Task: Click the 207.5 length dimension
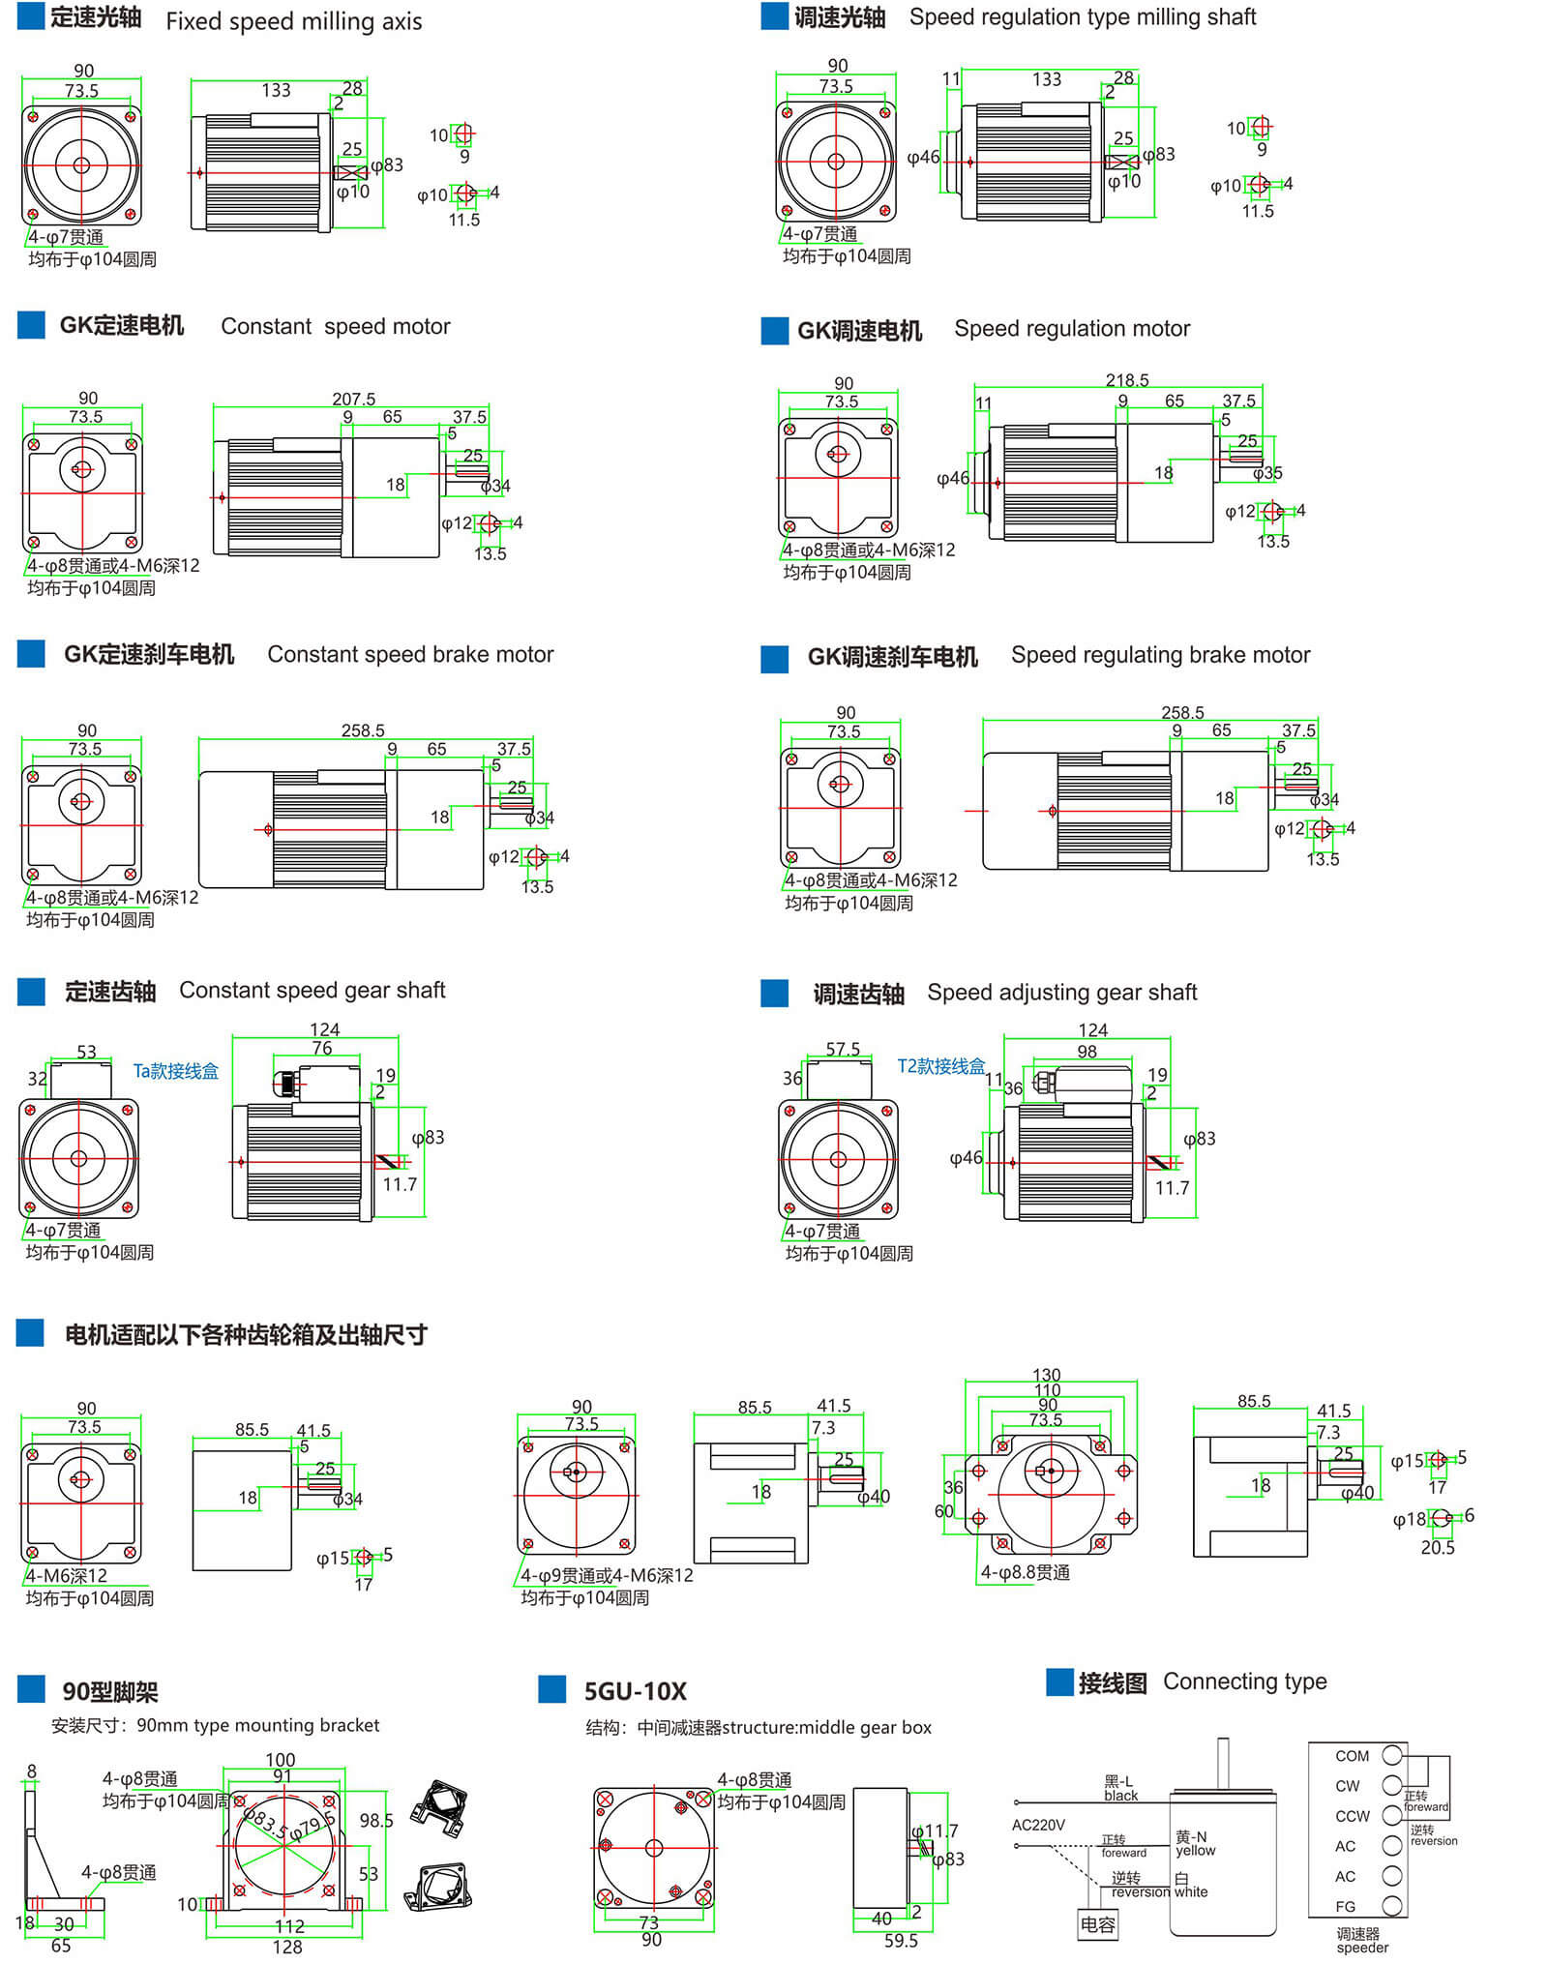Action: click(x=353, y=399)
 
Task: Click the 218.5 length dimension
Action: click(x=1127, y=380)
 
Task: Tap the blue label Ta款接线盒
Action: click(x=175, y=1071)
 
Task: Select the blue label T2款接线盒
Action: click(x=940, y=1066)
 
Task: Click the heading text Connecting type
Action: click(x=1244, y=1681)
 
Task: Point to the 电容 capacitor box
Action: click(x=1097, y=1924)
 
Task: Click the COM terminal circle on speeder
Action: click(x=1392, y=1754)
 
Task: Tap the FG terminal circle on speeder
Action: click(x=1392, y=1906)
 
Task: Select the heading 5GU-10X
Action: click(x=635, y=1691)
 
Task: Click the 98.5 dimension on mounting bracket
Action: click(x=376, y=1821)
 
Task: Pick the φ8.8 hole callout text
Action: click(x=1026, y=1572)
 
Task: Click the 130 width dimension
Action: click(x=1046, y=1375)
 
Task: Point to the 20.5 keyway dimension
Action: click(x=1437, y=1547)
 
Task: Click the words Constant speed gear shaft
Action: click(x=312, y=990)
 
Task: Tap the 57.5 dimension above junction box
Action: click(x=843, y=1049)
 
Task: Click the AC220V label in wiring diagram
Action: click(x=1038, y=1825)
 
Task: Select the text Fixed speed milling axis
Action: click(x=293, y=21)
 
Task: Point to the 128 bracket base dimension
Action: click(x=287, y=1947)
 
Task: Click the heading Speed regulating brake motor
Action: click(x=1160, y=655)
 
